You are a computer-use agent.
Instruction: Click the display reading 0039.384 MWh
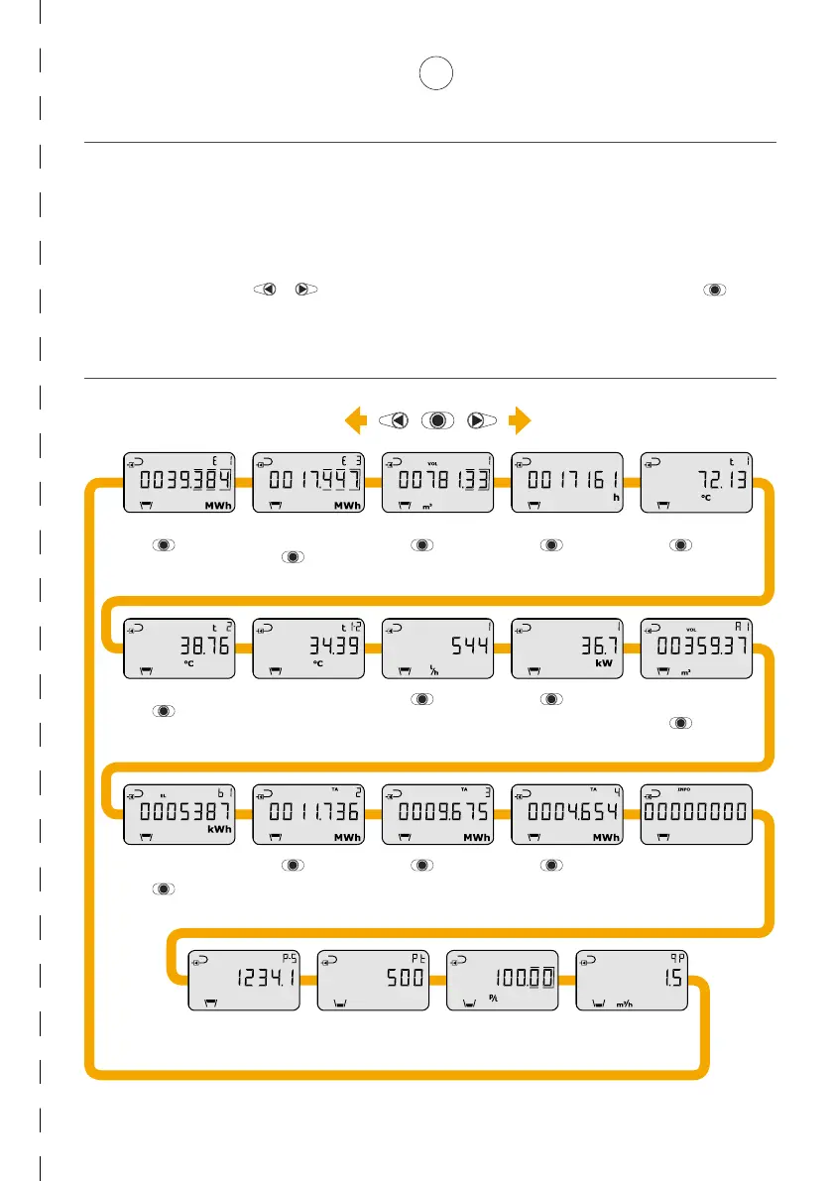pyautogui.click(x=178, y=484)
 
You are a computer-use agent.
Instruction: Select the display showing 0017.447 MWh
pyautogui.click(x=307, y=484)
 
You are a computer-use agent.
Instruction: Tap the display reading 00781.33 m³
pyautogui.click(x=437, y=484)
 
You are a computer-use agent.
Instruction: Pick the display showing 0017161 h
pyautogui.click(x=566, y=484)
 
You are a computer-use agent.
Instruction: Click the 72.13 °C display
pyautogui.click(x=696, y=484)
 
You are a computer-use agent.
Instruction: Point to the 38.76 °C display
pyautogui.click(x=178, y=650)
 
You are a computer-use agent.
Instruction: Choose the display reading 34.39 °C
pyautogui.click(x=307, y=650)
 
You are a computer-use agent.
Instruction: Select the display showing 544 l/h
pyautogui.click(x=437, y=650)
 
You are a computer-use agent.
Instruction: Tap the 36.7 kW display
pyautogui.click(x=566, y=650)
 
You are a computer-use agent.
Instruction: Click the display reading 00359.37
pyautogui.click(x=696, y=650)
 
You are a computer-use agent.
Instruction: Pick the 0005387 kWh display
pyautogui.click(x=178, y=814)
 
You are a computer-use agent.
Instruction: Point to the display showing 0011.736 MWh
pyautogui.click(x=307, y=814)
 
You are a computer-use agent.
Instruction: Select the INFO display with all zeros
pyautogui.click(x=696, y=814)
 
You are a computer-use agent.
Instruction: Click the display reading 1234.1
pyautogui.click(x=244, y=981)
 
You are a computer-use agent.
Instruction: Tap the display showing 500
pyautogui.click(x=373, y=981)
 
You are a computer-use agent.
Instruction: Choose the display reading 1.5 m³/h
pyautogui.click(x=632, y=981)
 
